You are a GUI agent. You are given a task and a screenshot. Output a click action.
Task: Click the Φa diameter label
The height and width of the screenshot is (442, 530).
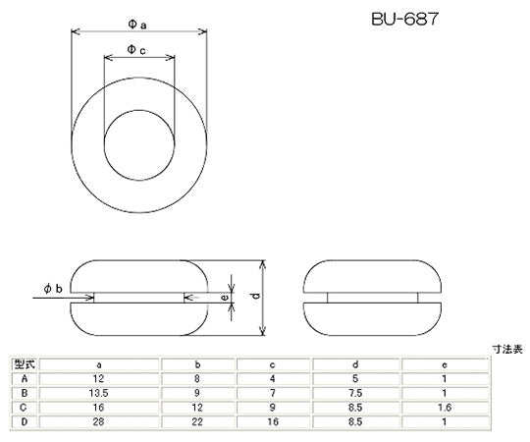(x=138, y=21)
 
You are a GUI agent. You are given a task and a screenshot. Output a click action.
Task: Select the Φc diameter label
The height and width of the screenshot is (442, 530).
(x=138, y=49)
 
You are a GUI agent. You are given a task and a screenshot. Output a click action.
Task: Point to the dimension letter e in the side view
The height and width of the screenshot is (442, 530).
(x=225, y=295)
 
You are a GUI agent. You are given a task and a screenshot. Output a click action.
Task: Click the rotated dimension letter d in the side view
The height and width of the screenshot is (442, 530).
(x=255, y=295)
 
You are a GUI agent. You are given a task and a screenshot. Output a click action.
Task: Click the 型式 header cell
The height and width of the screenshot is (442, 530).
(x=22, y=364)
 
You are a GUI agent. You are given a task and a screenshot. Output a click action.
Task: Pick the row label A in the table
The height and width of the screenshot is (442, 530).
(x=22, y=378)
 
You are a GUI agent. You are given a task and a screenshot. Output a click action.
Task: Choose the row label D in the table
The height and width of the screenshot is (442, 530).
(x=22, y=421)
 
